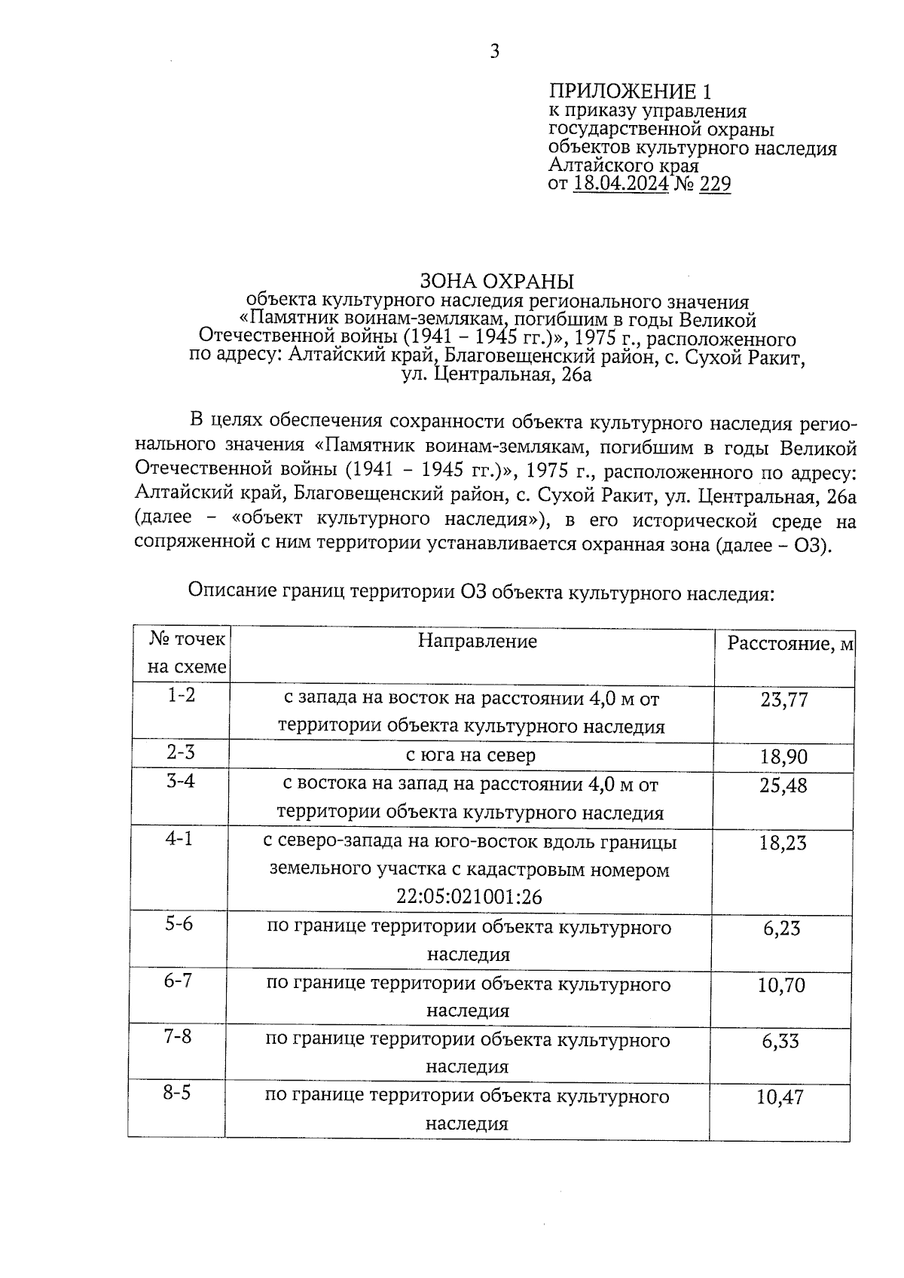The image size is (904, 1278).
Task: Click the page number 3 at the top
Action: [x=495, y=51]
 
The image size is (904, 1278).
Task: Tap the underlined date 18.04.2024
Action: [x=621, y=184]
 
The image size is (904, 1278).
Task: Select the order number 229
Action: [x=715, y=184]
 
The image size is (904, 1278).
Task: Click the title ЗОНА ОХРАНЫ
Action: [x=496, y=282]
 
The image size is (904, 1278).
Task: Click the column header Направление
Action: [x=478, y=641]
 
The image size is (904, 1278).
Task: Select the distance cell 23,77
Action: [x=783, y=700]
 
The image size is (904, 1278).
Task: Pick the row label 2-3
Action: [x=181, y=752]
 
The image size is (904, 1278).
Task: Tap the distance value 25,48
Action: [x=783, y=785]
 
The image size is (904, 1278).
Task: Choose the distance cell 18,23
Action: [x=783, y=843]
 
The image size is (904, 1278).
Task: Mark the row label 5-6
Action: [x=179, y=923]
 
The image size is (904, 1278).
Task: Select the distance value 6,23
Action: [x=782, y=929]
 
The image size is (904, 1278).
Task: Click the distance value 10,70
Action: [x=782, y=985]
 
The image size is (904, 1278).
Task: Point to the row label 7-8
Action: [x=178, y=1036]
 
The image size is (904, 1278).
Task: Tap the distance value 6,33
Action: [x=781, y=1042]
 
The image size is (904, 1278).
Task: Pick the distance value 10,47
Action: [x=780, y=1097]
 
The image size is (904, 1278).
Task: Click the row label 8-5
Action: [x=177, y=1093]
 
